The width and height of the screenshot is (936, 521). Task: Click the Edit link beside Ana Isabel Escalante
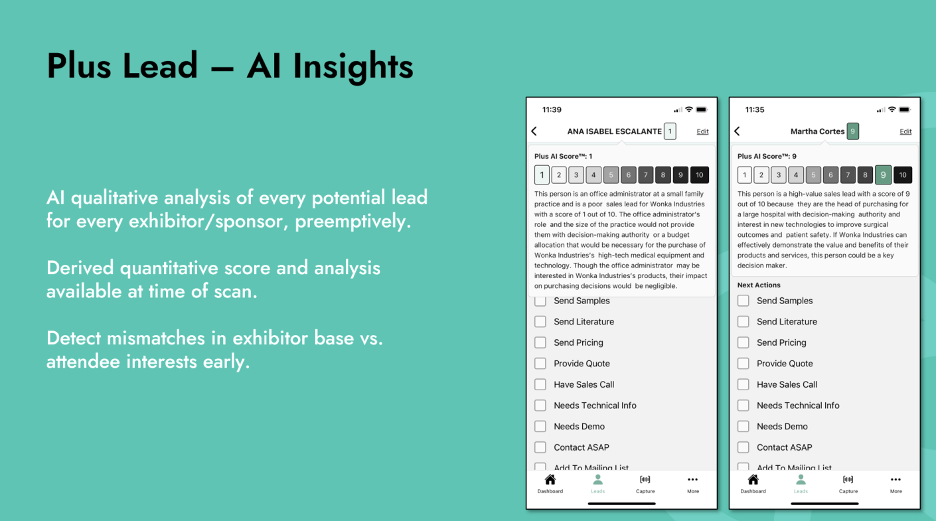click(702, 131)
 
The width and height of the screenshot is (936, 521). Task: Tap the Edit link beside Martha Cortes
click(905, 131)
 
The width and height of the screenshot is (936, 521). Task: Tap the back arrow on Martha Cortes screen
click(737, 131)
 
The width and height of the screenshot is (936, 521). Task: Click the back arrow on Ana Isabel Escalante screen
click(534, 131)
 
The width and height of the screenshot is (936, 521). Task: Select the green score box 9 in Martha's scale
click(883, 175)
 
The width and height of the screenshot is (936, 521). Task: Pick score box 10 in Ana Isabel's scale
click(700, 175)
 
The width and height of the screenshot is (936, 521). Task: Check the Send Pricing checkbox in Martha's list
click(743, 342)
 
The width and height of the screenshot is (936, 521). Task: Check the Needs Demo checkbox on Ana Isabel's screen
click(540, 426)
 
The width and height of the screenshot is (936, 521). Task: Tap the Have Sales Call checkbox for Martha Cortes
click(743, 384)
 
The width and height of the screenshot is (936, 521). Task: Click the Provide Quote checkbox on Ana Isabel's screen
click(540, 364)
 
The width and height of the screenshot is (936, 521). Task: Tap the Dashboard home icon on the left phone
click(550, 480)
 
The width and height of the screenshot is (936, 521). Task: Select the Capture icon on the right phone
click(848, 480)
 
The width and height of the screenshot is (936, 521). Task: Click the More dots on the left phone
click(693, 480)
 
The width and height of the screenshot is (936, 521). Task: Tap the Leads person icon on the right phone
click(801, 480)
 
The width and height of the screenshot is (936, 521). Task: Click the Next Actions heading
click(759, 285)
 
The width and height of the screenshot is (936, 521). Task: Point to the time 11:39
click(552, 110)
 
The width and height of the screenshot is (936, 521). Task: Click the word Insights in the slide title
click(353, 66)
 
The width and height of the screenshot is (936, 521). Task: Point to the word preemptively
click(353, 222)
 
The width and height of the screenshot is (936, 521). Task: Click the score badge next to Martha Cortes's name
click(853, 131)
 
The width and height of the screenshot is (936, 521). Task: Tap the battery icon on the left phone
click(702, 110)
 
